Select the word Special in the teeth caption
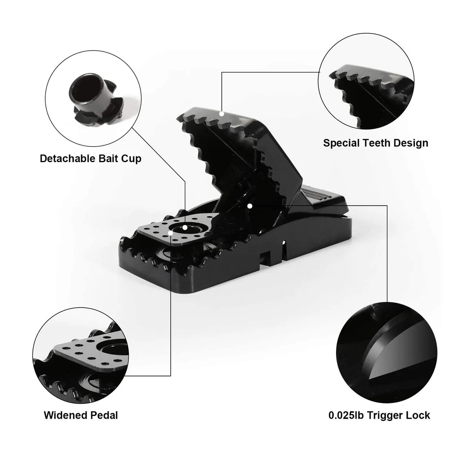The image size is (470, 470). [x=342, y=143]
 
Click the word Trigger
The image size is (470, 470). [x=386, y=416]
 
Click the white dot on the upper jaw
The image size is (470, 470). [x=222, y=114]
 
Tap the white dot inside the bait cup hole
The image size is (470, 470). [x=185, y=228]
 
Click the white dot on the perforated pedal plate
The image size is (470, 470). [x=171, y=233]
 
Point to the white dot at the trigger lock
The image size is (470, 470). [x=249, y=206]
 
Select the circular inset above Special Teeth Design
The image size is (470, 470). [x=366, y=81]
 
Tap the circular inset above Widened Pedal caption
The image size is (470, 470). [x=81, y=356]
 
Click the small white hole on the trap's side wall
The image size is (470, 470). [x=284, y=243]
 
